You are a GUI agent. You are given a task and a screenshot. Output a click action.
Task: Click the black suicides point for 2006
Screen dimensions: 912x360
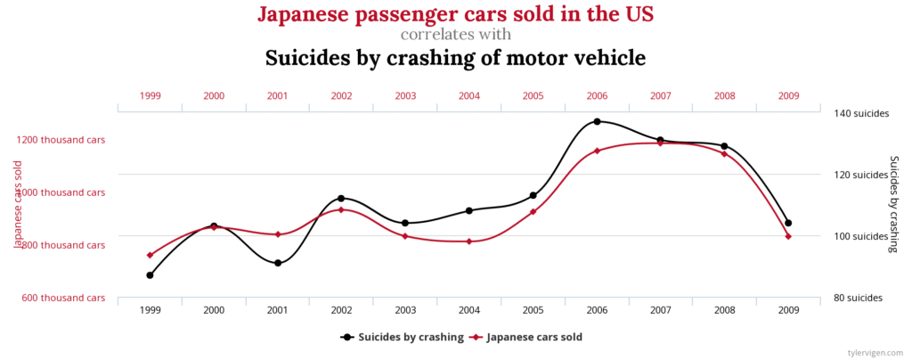click(x=597, y=121)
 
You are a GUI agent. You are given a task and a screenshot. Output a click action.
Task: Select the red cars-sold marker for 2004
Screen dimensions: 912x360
click(x=468, y=241)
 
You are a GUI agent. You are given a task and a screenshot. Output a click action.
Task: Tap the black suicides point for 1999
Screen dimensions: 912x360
click(x=150, y=275)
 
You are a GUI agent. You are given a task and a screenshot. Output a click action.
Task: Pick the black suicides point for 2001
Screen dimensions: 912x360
click(x=278, y=263)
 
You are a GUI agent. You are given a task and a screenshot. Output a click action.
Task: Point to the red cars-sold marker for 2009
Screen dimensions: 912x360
click(x=788, y=236)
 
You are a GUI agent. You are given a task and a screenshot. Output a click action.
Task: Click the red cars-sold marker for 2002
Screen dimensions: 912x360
click(x=341, y=209)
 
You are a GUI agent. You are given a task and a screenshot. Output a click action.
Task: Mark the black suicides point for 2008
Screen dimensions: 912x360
click(x=724, y=146)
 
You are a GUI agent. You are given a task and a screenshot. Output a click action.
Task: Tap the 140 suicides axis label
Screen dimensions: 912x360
click(x=858, y=113)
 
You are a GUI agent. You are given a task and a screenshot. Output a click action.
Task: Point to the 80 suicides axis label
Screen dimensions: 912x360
click(x=858, y=298)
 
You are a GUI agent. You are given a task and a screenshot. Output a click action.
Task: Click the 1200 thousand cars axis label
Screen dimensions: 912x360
click(x=61, y=140)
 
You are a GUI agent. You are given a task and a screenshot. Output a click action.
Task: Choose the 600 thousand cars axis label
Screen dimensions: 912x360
click(x=64, y=298)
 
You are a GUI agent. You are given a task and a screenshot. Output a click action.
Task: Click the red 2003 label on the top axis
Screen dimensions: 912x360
click(x=405, y=95)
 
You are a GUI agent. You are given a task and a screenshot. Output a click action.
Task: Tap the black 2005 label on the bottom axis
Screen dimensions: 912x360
click(x=533, y=311)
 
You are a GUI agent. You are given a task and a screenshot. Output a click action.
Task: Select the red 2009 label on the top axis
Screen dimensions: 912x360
click(x=788, y=95)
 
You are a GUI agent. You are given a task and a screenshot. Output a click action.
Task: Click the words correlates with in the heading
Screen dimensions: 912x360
click(x=456, y=35)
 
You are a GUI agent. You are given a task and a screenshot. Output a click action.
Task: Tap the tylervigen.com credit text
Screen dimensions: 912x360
click(x=875, y=353)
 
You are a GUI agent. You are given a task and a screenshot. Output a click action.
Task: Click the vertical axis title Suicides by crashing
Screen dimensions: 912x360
click(x=894, y=203)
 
